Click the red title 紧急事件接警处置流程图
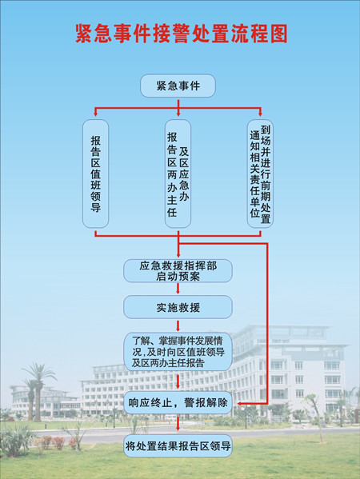coord(181,34)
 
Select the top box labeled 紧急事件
coord(178,86)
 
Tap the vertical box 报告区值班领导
coord(96,174)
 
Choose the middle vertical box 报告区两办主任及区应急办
coord(178,174)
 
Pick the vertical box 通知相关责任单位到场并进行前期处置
coord(260,174)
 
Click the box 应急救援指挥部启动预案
coord(178,270)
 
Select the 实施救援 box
coord(178,307)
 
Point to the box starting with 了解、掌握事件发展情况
coord(178,352)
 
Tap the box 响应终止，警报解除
coord(178,402)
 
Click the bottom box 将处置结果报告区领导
coord(178,446)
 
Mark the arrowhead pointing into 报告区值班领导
coord(96,114)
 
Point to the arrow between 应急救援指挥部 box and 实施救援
coord(178,289)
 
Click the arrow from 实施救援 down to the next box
coord(178,325)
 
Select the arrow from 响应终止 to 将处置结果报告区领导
coord(178,424)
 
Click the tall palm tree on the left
coord(38,392)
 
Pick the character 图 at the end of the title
coord(278,34)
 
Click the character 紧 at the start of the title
coord(84,34)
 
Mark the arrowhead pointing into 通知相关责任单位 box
coord(260,114)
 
